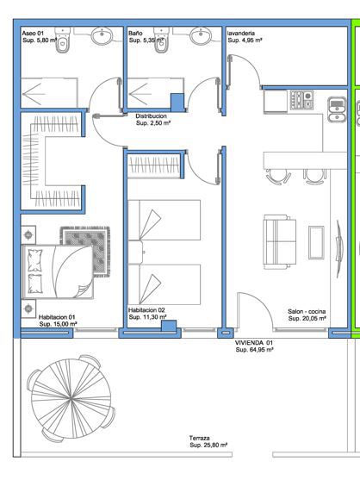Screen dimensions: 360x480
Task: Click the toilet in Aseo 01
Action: (63, 40)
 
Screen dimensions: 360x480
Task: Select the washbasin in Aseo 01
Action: (102, 35)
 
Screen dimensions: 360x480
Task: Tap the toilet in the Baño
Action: (161, 40)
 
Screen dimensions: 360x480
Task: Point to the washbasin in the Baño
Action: (201, 35)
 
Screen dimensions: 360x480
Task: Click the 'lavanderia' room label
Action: (241, 33)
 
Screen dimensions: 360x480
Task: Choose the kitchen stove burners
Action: (301, 100)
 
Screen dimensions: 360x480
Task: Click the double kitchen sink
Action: (337, 109)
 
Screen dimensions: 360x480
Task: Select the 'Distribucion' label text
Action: (151, 116)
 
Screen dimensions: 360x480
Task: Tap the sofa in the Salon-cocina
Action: (280, 242)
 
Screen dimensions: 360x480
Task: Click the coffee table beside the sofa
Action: (316, 242)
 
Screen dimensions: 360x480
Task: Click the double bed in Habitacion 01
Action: (58, 271)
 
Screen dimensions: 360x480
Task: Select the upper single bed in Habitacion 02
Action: (164, 220)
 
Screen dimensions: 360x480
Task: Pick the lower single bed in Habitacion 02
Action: (164, 284)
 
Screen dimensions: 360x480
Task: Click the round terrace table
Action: (71, 399)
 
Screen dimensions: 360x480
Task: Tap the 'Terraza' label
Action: (199, 438)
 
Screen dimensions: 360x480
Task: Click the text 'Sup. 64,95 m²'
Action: (254, 350)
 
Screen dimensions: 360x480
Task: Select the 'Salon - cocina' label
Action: (307, 311)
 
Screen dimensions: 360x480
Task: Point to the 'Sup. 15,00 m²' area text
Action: (58, 324)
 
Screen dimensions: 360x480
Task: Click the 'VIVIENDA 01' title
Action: (253, 343)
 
